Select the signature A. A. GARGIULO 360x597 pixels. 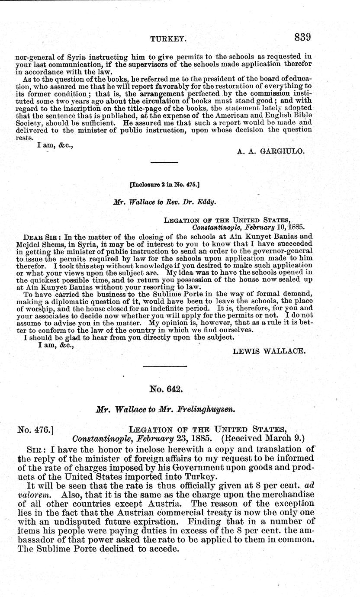tap(272, 151)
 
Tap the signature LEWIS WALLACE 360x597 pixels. tap(269, 351)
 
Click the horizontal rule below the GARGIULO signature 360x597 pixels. tap(164, 163)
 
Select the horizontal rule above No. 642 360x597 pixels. tap(164, 367)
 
